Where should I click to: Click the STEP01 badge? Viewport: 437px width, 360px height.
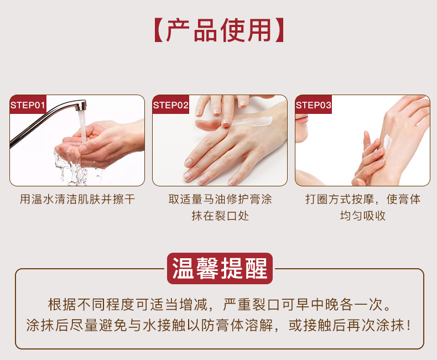click(x=28, y=105)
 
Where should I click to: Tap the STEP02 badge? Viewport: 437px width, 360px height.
click(x=171, y=105)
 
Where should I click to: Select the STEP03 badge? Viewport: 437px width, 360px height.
click(x=314, y=105)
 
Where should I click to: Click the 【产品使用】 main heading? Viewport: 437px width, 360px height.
click(x=219, y=30)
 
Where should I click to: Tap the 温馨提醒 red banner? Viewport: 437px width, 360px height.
click(x=220, y=268)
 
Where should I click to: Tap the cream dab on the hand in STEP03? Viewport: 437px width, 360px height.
click(x=387, y=142)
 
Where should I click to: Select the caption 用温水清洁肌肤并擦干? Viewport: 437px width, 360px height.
click(x=77, y=199)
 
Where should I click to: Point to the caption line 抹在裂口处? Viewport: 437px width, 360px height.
click(x=220, y=216)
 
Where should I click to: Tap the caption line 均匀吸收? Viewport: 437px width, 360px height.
click(x=363, y=216)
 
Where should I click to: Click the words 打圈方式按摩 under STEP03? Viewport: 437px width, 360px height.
click(x=340, y=199)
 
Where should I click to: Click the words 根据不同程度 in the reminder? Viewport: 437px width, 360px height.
click(x=91, y=304)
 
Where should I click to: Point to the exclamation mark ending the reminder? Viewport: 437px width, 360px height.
click(x=408, y=325)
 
